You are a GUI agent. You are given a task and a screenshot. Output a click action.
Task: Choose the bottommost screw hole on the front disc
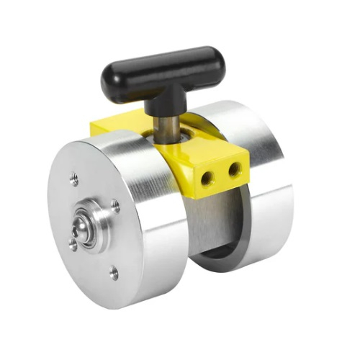(x=113, y=272)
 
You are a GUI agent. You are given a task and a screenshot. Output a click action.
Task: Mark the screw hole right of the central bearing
(x=115, y=206)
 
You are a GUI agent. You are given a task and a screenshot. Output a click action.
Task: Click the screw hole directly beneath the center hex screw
(x=73, y=245)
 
